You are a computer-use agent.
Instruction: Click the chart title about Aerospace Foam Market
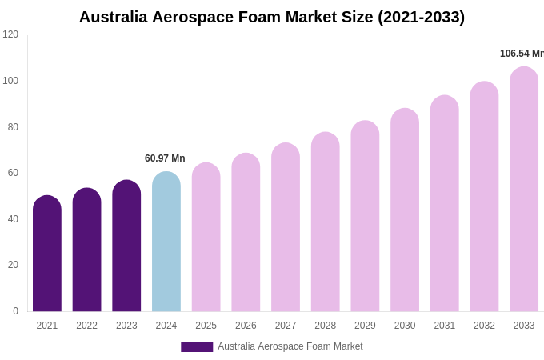272,17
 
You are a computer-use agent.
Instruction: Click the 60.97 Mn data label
165,158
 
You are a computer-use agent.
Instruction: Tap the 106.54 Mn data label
522,54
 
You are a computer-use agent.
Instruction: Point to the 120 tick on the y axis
10,34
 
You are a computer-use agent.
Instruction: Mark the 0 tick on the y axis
15,311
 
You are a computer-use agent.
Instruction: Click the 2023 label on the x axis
126,326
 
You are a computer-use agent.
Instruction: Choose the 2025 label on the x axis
206,326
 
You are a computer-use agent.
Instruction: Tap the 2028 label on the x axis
326,326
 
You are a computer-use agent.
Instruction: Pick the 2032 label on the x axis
484,326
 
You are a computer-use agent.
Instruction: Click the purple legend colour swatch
197,347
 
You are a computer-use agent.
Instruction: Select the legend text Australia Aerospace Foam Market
290,346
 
